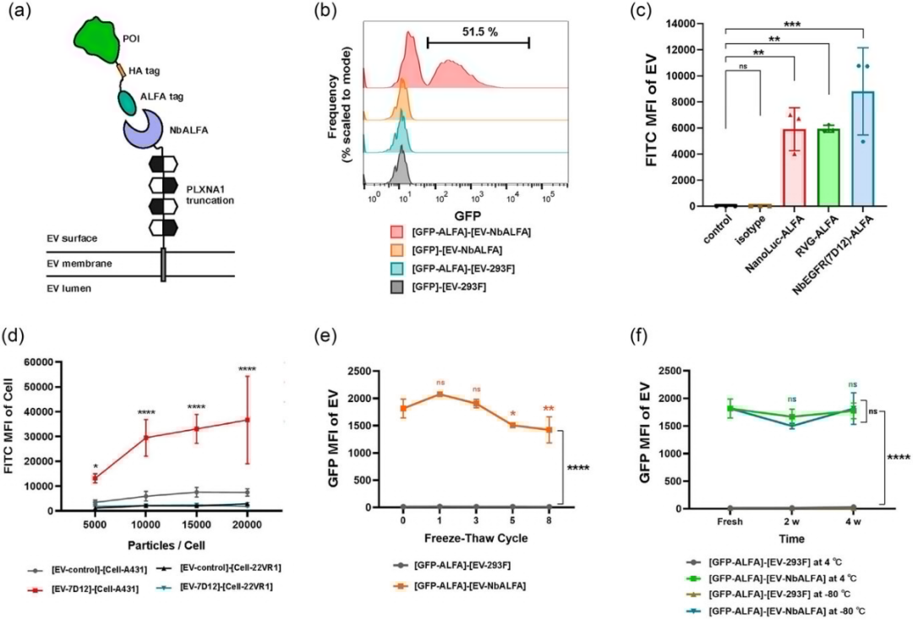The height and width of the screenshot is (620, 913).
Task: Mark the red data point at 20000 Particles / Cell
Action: click(x=249, y=420)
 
